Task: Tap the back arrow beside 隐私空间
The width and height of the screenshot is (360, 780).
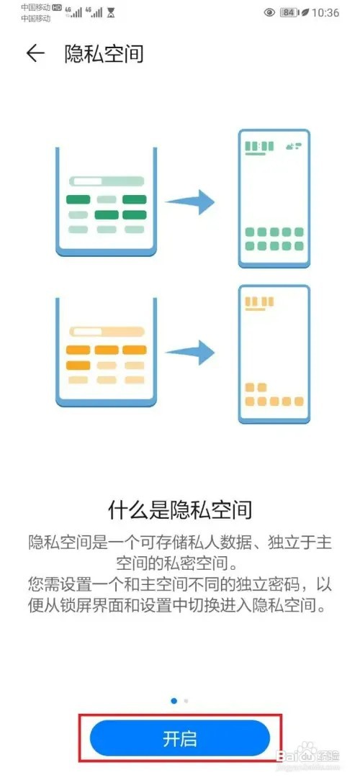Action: tap(35, 53)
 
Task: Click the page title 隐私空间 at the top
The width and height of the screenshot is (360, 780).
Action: tap(104, 53)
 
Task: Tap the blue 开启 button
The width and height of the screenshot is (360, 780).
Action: tap(180, 738)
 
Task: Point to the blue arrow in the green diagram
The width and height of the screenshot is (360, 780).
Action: tap(189, 202)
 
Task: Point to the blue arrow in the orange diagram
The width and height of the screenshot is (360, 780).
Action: tap(189, 353)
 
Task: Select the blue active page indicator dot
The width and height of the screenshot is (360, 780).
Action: tap(174, 700)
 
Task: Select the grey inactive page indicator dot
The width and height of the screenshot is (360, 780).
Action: tap(186, 700)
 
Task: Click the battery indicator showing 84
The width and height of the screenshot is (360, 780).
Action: tap(288, 12)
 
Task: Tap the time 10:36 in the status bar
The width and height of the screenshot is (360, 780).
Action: tap(325, 12)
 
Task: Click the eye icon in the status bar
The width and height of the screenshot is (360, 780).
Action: tap(269, 12)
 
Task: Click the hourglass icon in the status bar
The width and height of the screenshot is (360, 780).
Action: tap(111, 12)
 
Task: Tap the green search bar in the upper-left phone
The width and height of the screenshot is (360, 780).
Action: tap(107, 181)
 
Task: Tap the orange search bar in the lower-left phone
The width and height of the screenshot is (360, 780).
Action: tap(107, 332)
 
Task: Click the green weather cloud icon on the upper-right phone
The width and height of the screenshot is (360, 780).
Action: tap(294, 146)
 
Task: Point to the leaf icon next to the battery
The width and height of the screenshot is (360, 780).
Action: tap(305, 12)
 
